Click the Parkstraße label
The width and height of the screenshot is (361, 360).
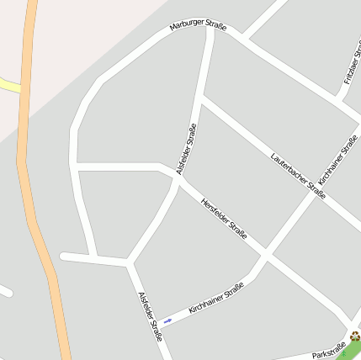tap(329, 351)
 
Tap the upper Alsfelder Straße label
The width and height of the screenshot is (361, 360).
tap(187, 149)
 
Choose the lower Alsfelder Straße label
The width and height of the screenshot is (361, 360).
tap(150, 315)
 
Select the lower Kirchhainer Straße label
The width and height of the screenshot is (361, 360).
tap(216, 299)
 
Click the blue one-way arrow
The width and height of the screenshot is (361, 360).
tap(167, 320)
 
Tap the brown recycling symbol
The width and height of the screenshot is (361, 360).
tap(354, 337)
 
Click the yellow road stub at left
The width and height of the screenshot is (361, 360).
tap(8, 85)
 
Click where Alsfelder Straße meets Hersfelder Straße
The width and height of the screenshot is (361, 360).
tap(178, 179)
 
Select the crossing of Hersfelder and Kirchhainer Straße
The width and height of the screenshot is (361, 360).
tap(264, 252)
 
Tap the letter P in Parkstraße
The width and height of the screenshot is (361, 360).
tap(315, 357)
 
